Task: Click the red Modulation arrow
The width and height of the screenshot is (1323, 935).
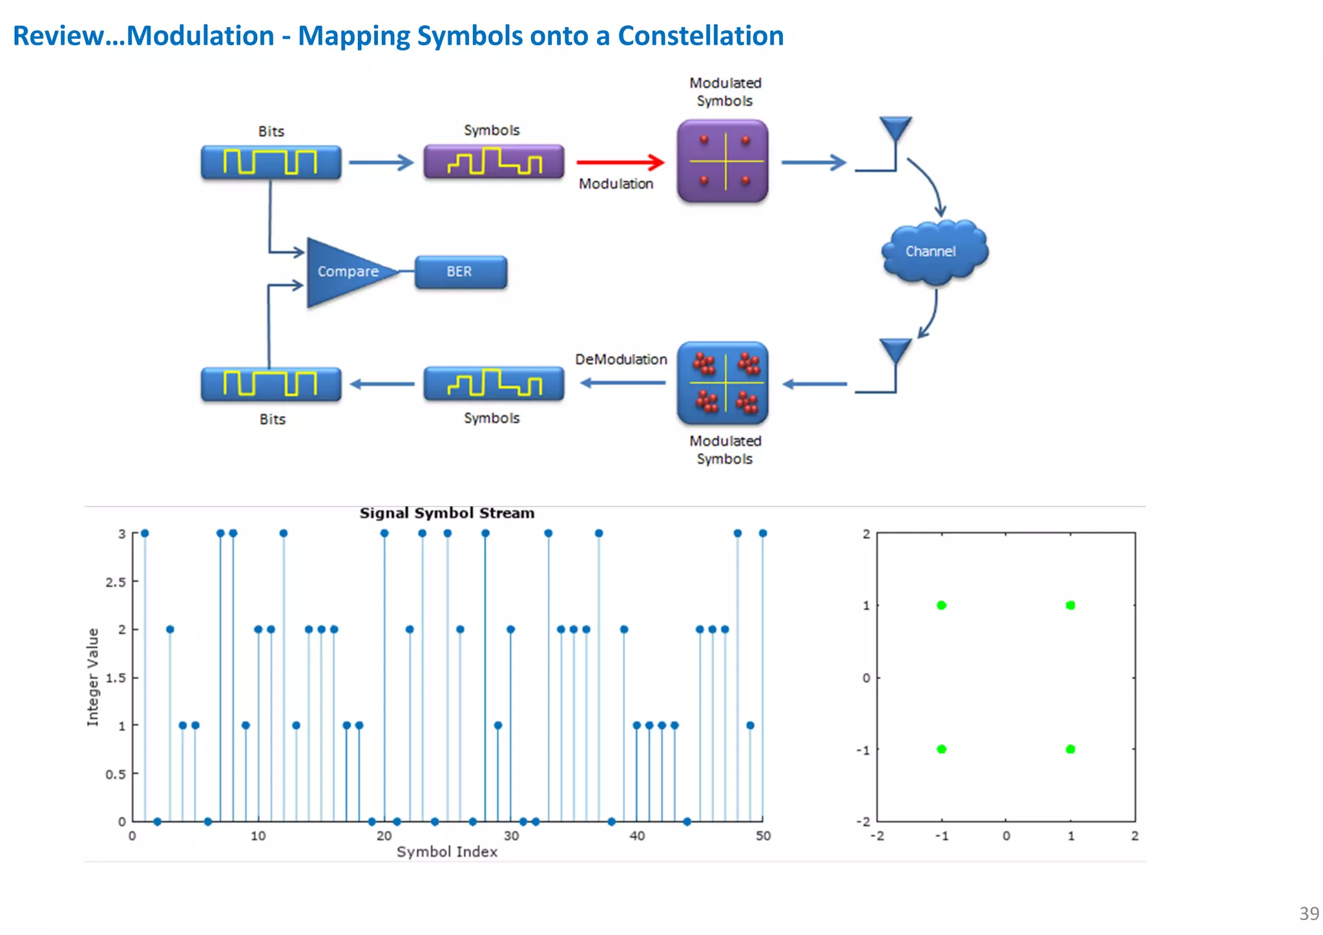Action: (620, 162)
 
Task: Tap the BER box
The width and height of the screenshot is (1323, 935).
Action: (460, 272)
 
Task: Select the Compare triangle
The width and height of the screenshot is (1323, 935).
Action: (342, 272)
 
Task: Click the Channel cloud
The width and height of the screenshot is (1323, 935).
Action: (933, 252)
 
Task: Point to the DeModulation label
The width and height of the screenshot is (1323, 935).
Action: (621, 359)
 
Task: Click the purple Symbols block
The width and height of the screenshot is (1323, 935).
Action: (494, 162)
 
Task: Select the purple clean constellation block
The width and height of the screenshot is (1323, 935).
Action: (723, 161)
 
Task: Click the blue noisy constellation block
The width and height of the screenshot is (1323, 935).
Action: (723, 384)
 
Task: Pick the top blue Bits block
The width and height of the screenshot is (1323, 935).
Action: (271, 162)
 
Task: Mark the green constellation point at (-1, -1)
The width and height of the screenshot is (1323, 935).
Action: (941, 749)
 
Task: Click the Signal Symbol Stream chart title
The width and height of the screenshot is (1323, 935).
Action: (447, 513)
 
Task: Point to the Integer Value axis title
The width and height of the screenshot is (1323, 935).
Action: (93, 677)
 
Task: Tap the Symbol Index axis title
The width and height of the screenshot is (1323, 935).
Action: (447, 852)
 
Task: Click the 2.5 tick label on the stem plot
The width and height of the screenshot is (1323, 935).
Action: (116, 582)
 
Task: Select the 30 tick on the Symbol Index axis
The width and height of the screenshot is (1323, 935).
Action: (511, 836)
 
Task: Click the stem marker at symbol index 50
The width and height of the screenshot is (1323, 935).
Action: (763, 533)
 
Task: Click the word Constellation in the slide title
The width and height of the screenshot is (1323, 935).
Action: (700, 36)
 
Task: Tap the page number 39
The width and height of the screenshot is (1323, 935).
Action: (1309, 913)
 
